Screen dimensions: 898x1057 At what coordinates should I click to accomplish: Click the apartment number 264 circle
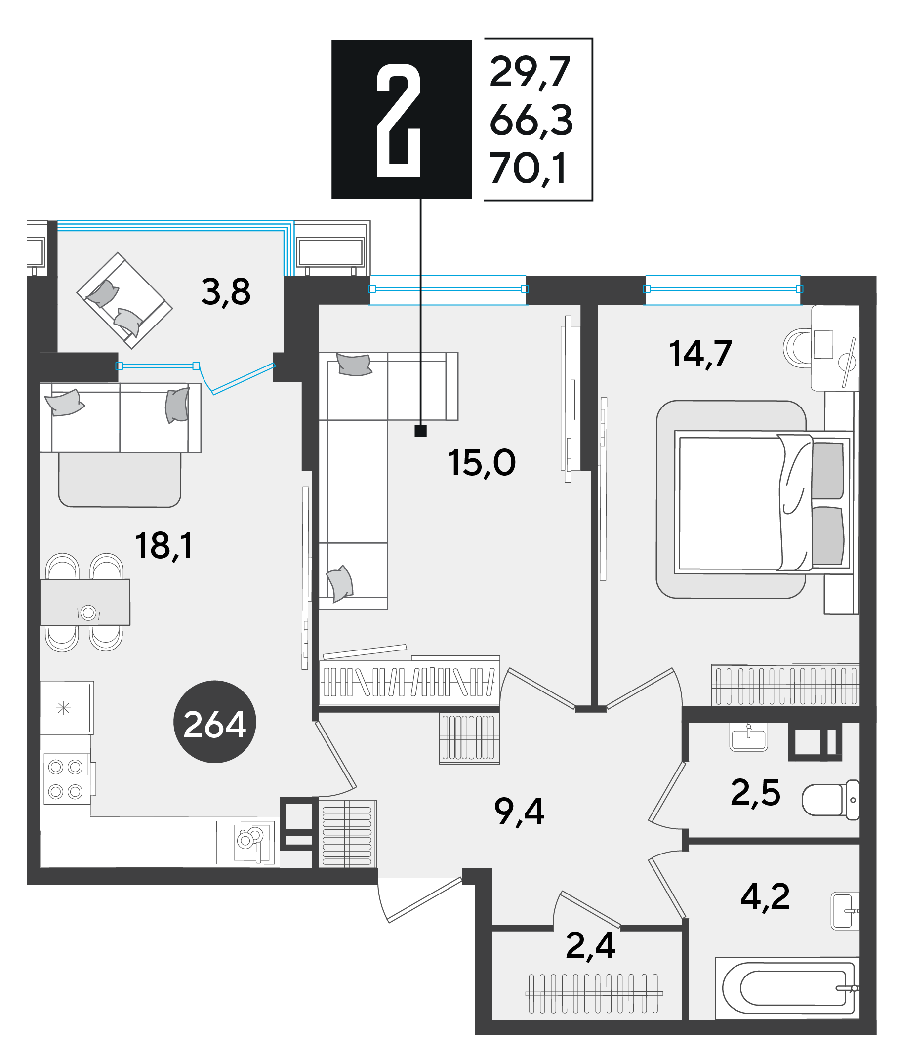214,722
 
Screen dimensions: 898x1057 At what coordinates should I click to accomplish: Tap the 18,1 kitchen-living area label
164,546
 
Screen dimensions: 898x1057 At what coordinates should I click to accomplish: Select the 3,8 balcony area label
226,292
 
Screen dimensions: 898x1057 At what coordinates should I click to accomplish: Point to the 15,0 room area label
481,463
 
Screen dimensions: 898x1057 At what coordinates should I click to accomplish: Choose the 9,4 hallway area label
519,811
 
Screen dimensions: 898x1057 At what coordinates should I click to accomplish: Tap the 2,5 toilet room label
755,792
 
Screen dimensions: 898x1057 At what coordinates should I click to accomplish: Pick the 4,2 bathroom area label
765,896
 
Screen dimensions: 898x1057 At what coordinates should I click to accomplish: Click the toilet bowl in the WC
830,800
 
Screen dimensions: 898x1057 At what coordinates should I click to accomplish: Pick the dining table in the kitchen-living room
85,602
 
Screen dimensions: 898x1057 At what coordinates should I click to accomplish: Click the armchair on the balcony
124,300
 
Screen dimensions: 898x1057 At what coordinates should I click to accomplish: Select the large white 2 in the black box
399,120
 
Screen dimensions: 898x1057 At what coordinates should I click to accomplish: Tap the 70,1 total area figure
528,168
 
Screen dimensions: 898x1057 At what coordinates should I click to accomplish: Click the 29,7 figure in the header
530,72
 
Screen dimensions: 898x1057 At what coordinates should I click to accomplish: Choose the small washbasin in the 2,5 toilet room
748,737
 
